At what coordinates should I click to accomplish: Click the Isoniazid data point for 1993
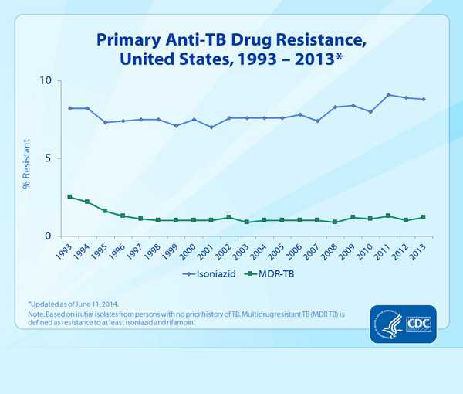70,108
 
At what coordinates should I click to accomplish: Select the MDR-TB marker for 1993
70,197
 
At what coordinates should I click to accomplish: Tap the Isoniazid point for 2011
388,95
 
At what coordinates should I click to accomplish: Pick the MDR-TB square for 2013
424,217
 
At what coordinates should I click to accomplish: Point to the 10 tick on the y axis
46,81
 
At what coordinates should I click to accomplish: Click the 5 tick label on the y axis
48,158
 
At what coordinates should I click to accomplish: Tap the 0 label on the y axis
48,236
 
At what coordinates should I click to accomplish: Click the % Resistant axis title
25,158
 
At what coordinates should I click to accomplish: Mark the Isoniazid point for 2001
211,127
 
